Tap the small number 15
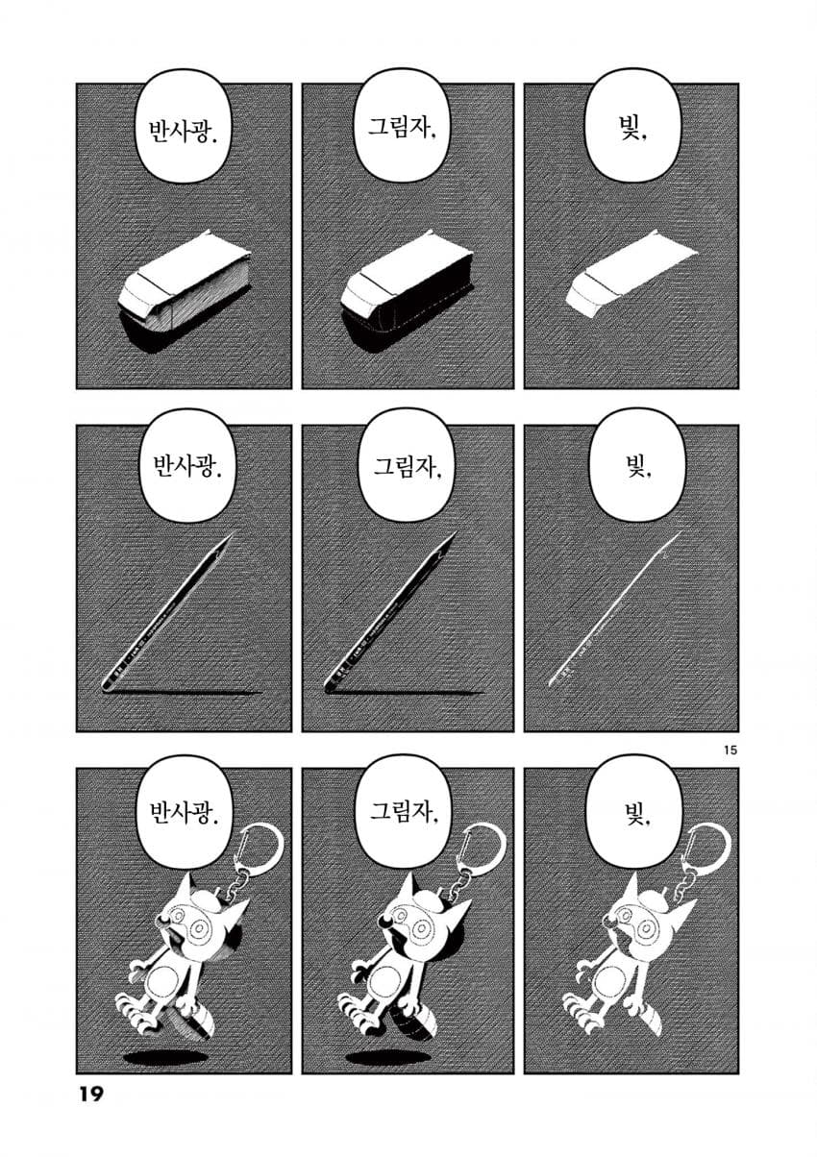pos(730,751)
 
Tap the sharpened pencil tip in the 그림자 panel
pos(449,540)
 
